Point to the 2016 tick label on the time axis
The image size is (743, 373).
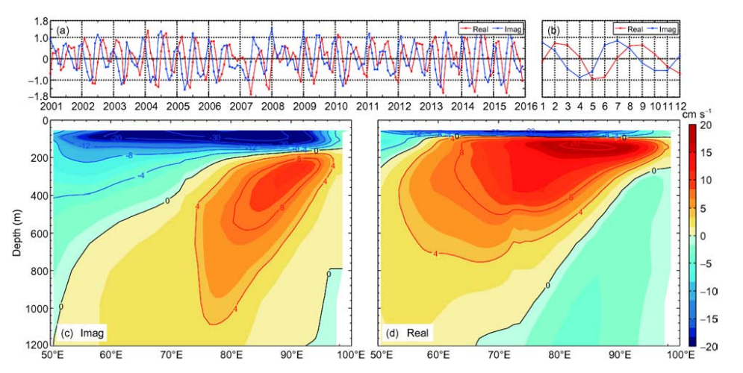pos(527,107)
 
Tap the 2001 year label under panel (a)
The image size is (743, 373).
pos(51,107)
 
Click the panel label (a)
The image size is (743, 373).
pos(62,31)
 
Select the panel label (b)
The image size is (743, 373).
pos(553,31)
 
